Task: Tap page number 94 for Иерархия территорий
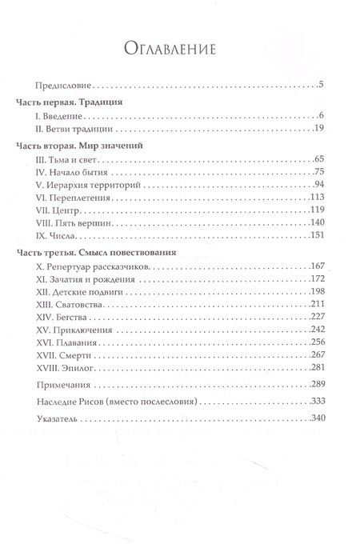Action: [318, 186]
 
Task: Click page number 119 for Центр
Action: [316, 210]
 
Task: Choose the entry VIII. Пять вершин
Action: [70, 222]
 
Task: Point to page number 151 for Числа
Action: [316, 235]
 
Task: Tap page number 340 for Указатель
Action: [316, 418]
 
